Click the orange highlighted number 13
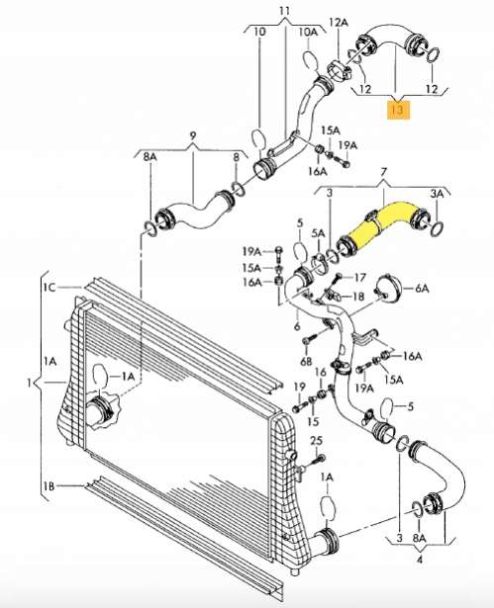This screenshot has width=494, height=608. (x=399, y=110)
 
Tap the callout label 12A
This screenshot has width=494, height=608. (x=339, y=23)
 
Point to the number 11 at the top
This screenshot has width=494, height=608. (x=285, y=11)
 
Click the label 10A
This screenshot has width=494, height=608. (x=308, y=32)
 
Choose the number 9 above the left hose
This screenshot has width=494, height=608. (x=193, y=135)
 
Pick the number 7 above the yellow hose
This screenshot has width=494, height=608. (x=384, y=172)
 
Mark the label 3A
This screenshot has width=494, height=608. (x=437, y=194)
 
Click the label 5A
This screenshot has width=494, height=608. (x=318, y=233)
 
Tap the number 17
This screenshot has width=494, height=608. (x=359, y=277)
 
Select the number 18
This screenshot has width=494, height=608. (x=357, y=297)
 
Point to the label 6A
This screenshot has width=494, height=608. (x=422, y=289)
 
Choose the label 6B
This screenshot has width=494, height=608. (x=307, y=362)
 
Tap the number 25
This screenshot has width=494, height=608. (x=317, y=441)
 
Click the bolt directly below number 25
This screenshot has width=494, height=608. (x=316, y=461)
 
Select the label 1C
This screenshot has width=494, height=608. (x=49, y=288)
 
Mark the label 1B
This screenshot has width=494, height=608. (x=49, y=485)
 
